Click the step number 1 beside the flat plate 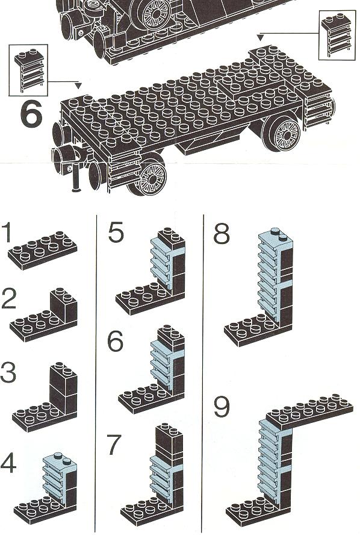[x=7, y=233]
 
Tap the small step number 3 [x=8, y=372]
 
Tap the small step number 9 [x=222, y=407]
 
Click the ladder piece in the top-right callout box [x=337, y=34]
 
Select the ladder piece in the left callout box [x=29, y=70]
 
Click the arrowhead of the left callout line [x=79, y=85]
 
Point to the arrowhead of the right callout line [x=261, y=37]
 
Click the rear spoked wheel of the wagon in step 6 [x=282, y=132]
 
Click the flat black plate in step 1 [x=43, y=251]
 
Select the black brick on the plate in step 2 [x=64, y=305]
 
